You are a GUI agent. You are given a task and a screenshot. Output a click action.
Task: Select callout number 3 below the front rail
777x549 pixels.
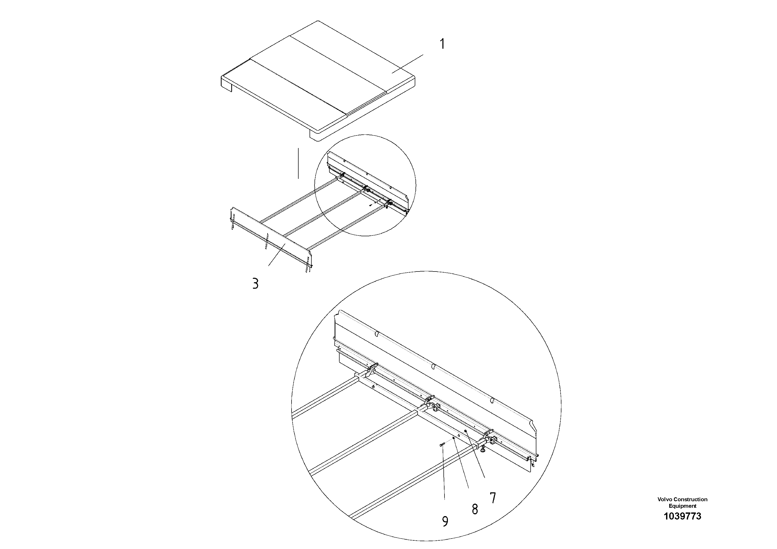(256, 283)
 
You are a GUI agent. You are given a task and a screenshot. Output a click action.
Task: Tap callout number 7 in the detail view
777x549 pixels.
(493, 498)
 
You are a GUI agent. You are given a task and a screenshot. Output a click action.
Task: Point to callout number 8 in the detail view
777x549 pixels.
(475, 509)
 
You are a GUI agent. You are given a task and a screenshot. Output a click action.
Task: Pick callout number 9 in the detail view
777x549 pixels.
(445, 522)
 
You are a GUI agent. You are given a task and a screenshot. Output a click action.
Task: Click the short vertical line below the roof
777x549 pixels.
(298, 163)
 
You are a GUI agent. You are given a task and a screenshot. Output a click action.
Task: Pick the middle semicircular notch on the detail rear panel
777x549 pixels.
(434, 366)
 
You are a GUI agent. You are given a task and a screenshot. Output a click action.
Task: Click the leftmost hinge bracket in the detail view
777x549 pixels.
(372, 370)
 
